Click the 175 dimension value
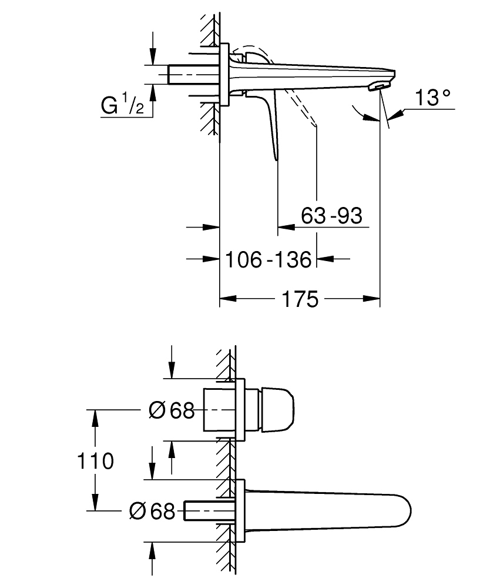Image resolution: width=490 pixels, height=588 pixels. tap(300, 299)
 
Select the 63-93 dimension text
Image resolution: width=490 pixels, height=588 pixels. tap(331, 216)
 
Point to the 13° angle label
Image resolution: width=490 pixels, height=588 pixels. tap(434, 98)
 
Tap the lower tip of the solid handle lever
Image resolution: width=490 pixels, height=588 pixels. tap(274, 158)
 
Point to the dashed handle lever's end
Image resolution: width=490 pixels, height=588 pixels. tap(316, 124)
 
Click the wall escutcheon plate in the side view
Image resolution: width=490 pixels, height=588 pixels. tap(223, 74)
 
